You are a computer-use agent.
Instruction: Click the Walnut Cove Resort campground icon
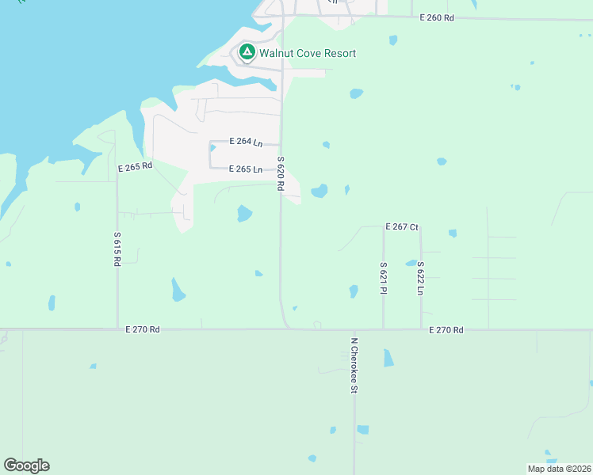pyautogui.click(x=247, y=52)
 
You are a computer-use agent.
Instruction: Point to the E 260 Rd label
pyautogui.click(x=437, y=17)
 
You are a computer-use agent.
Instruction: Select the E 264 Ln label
pyautogui.click(x=246, y=142)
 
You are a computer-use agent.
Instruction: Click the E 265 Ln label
pyautogui.click(x=246, y=169)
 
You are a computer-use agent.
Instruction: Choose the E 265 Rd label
pyautogui.click(x=135, y=168)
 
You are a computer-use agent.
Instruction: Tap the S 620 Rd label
pyautogui.click(x=281, y=173)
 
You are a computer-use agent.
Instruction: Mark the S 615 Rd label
pyautogui.click(x=117, y=248)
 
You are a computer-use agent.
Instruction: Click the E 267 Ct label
pyautogui.click(x=402, y=227)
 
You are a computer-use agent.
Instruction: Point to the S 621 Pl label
pyautogui.click(x=383, y=278)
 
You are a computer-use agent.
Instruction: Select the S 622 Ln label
pyautogui.click(x=421, y=278)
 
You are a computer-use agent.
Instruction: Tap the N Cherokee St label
pyautogui.click(x=354, y=366)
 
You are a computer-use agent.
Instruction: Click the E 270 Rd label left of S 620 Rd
pyautogui.click(x=143, y=329)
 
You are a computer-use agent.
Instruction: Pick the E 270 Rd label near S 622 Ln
pyautogui.click(x=446, y=329)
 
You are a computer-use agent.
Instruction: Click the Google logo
pyautogui.click(x=26, y=465)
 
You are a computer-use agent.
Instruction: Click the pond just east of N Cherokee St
pyautogui.click(x=388, y=357)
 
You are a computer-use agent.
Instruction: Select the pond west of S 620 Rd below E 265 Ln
pyautogui.click(x=244, y=213)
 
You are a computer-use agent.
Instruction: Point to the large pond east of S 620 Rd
pyautogui.click(x=319, y=192)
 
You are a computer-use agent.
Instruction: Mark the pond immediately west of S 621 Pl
pyautogui.click(x=354, y=291)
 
